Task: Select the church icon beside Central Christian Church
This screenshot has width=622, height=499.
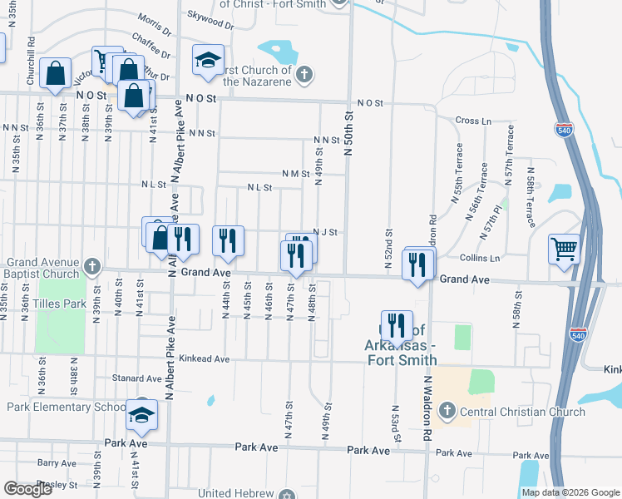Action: (x=447, y=411)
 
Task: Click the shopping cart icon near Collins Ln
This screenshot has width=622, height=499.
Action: (x=564, y=248)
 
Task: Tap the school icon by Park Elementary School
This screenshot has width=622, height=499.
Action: (x=141, y=413)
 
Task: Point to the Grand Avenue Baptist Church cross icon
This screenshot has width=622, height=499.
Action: (x=91, y=267)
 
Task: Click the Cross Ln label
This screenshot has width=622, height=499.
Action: (x=474, y=121)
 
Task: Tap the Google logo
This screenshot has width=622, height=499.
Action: (x=28, y=489)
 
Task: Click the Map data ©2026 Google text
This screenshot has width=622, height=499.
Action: (x=570, y=492)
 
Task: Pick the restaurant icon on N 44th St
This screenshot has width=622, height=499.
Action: (x=227, y=240)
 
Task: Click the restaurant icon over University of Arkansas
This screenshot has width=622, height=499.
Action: (x=397, y=325)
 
